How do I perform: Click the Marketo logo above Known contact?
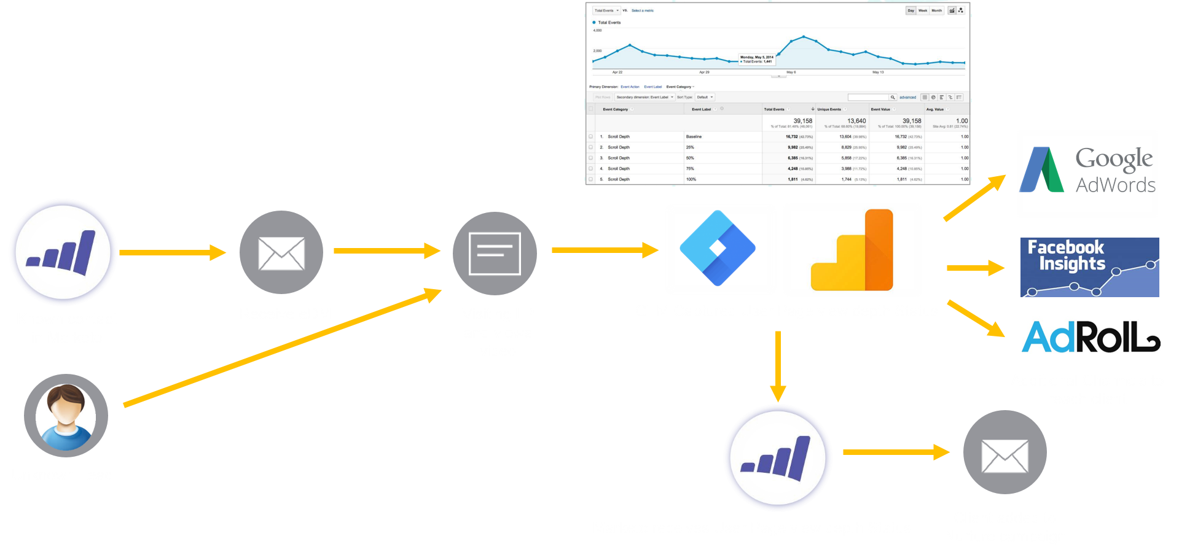(63, 252)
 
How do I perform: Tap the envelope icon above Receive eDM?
(281, 252)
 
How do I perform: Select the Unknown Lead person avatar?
(66, 416)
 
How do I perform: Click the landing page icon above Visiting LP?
(495, 253)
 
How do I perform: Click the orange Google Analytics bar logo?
(853, 250)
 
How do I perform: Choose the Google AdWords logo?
(1087, 174)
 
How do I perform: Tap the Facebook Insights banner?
(1089, 268)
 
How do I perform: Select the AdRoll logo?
(1091, 336)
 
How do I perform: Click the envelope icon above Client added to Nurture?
(1005, 452)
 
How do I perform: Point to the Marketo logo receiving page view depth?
(778, 458)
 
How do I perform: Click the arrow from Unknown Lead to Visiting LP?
(283, 347)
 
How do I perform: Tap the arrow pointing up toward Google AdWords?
(974, 198)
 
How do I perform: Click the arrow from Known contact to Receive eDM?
(173, 252)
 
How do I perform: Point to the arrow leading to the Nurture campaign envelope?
(896, 452)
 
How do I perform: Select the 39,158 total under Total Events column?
(802, 121)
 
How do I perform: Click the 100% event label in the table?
(691, 179)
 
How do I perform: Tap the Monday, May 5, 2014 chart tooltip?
(757, 60)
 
